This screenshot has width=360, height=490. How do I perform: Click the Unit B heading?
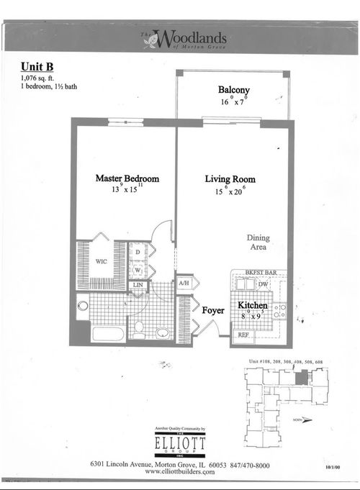(37, 66)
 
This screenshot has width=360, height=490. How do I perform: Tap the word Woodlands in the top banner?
(191, 37)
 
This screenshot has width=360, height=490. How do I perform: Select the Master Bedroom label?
(127, 179)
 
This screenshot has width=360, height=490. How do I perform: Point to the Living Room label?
(230, 179)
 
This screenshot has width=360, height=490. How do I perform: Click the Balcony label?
(234, 90)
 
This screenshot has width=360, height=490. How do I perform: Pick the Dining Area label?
(258, 242)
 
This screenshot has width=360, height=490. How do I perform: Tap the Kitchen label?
(253, 307)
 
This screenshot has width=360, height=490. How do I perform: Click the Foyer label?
(214, 311)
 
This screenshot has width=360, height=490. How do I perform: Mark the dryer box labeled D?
(138, 253)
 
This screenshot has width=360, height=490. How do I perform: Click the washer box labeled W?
(138, 271)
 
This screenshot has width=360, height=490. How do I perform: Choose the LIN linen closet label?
(137, 286)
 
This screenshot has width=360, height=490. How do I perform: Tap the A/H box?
(183, 283)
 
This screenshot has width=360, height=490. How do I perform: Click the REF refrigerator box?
(243, 335)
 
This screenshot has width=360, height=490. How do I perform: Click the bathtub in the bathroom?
(108, 334)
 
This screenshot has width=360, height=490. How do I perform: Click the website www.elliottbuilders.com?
(179, 472)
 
